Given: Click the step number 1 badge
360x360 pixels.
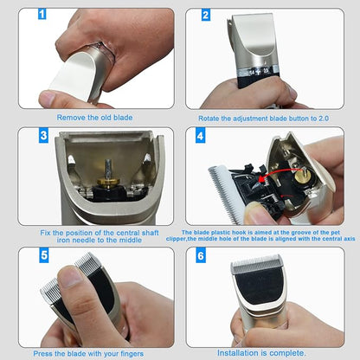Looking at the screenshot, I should [x=42, y=16].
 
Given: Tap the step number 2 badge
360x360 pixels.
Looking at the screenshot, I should [x=206, y=16].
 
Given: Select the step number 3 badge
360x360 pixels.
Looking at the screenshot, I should [x=42, y=135].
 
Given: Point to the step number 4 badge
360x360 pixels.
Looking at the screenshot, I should [x=201, y=136].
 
